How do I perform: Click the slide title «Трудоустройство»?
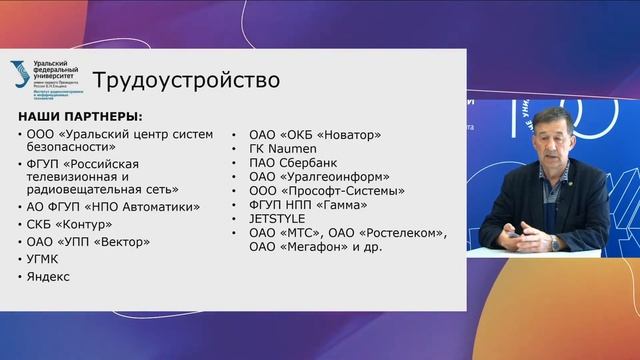point(186,79)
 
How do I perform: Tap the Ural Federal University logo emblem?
point(20,74)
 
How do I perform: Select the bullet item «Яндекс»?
point(49,276)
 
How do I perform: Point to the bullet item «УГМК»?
point(47,259)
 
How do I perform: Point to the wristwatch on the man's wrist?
point(554,241)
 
